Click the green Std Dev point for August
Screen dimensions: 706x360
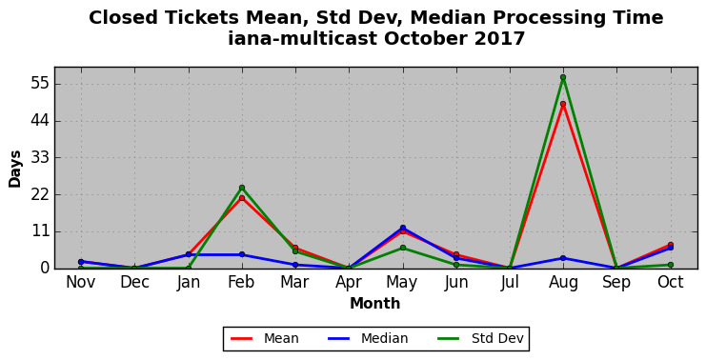coord(563,77)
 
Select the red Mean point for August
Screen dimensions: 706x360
coord(563,104)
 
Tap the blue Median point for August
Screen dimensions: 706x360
coord(563,258)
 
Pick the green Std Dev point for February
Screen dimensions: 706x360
coord(242,188)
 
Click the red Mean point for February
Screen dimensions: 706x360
coord(242,198)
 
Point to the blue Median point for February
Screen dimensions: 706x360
coord(242,254)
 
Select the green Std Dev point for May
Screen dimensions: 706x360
coord(402,248)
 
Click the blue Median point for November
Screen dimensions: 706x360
coord(81,262)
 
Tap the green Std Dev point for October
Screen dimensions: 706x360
coord(671,265)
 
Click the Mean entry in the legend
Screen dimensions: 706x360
coord(264,338)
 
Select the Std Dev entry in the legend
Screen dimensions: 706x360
coord(480,338)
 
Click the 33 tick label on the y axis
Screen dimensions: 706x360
coord(40,158)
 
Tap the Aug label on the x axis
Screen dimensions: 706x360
coord(563,283)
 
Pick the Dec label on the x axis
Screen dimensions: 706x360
coord(134,282)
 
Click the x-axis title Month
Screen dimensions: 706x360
coord(375,303)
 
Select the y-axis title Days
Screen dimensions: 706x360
coord(15,169)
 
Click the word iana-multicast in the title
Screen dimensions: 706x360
coord(303,38)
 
